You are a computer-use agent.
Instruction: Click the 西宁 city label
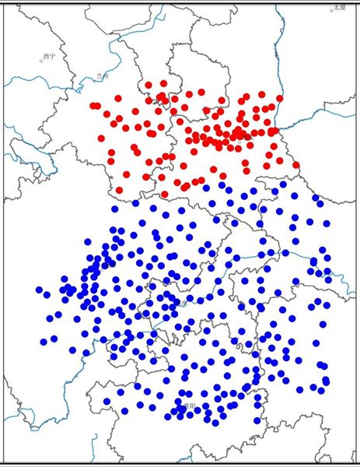pyautogui.click(x=50, y=56)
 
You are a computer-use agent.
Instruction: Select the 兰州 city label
pyautogui.click(x=100, y=76)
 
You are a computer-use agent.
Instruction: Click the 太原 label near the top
pyautogui.click(x=339, y=7)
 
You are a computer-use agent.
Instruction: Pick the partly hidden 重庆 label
pyautogui.click(x=181, y=303)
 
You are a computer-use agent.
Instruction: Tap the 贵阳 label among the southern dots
pyautogui.click(x=187, y=406)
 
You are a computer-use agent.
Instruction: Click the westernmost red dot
pyautogui.click(x=93, y=105)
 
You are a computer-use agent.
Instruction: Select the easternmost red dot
pyautogui.click(x=297, y=163)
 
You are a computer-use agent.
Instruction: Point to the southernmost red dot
pyautogui.click(x=164, y=194)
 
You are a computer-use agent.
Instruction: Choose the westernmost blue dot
pyautogui.click(x=39, y=290)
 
